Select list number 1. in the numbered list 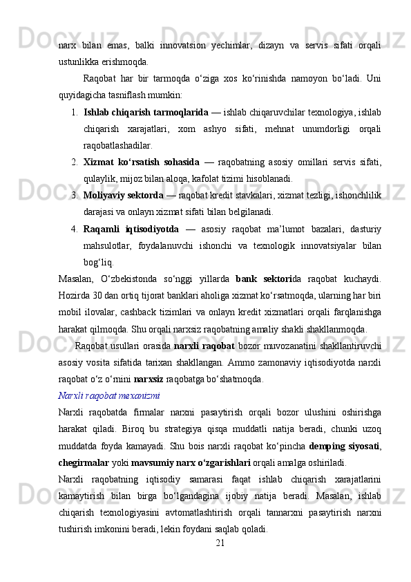pos(74,111)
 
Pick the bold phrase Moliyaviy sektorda pos(123,195)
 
